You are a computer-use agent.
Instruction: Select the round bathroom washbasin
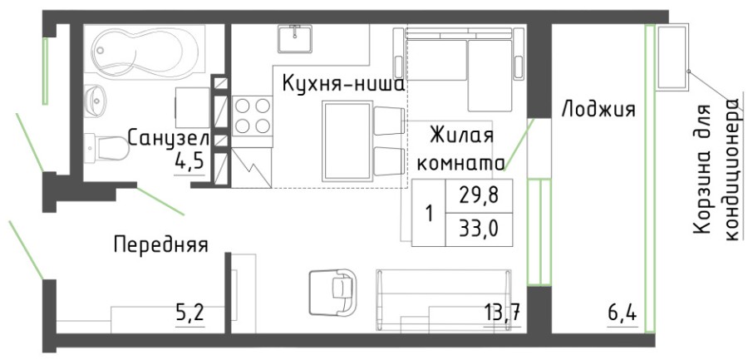(x=100, y=101)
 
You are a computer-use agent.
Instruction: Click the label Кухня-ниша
(x=342, y=85)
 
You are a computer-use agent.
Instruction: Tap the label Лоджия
(x=598, y=109)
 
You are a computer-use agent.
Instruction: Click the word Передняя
(x=160, y=244)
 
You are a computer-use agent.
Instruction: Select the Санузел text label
(x=169, y=139)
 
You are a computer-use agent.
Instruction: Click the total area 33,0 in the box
(x=477, y=227)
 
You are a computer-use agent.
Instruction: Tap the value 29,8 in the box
(x=477, y=196)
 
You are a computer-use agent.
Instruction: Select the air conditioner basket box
(x=673, y=57)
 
